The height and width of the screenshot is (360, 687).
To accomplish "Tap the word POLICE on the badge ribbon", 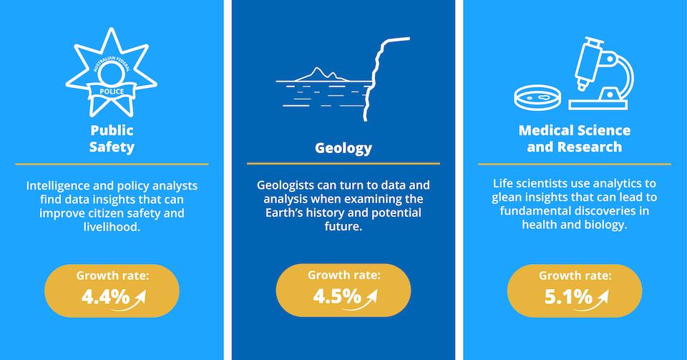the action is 112,92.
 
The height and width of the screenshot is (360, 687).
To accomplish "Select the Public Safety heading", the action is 112,138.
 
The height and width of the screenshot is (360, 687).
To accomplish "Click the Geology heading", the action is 343,148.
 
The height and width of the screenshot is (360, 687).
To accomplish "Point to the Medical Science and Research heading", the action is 575,138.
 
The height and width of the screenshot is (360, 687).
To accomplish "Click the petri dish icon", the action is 537,97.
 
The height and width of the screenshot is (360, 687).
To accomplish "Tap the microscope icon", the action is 601,74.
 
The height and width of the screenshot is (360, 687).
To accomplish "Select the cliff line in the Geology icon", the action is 377,79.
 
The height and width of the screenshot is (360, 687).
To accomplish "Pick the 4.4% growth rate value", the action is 106,297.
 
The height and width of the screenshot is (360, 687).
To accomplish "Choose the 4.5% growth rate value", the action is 337,296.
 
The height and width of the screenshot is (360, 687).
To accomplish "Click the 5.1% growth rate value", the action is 568,297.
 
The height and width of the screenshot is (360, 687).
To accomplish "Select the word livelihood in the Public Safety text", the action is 112,227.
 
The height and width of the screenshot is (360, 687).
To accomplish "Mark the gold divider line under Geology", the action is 343,163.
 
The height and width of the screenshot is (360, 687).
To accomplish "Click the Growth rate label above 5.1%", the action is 575,276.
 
